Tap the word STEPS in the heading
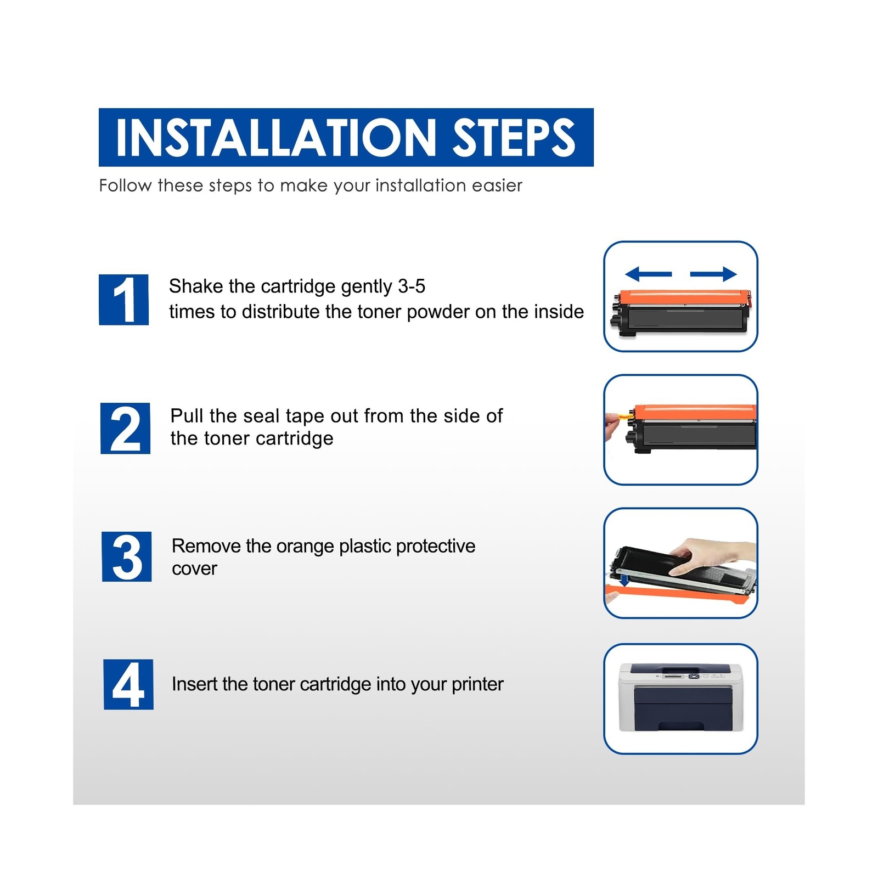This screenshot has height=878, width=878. coord(514,137)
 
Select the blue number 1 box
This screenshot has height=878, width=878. coord(123,300)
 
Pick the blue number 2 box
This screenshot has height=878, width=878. coord(125,429)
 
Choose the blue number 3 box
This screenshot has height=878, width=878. coord(127,556)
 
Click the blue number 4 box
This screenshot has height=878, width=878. coord(128,684)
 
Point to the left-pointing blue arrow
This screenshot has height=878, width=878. coord(648,274)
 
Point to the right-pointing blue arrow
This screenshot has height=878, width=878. coord(713,274)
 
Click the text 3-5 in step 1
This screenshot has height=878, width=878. coord(412,286)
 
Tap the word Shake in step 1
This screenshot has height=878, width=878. coord(196,286)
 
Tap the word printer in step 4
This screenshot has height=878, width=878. coord(477,685)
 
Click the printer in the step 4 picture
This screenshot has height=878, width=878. coord(680,698)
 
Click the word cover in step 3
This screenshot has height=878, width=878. coord(194,569)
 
